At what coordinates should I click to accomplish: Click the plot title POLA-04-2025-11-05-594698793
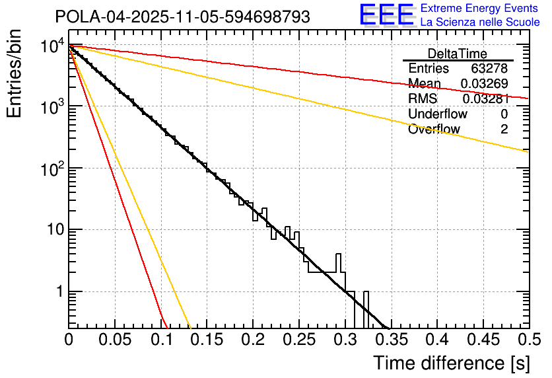click(x=182, y=17)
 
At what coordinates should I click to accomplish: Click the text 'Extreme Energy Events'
click(x=480, y=9)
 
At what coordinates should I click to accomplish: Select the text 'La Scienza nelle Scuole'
click(x=480, y=22)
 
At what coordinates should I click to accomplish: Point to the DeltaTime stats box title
click(x=458, y=54)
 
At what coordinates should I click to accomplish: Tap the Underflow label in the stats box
click(x=438, y=114)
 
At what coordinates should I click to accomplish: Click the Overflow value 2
click(x=504, y=129)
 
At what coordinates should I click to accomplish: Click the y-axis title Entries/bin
click(x=15, y=74)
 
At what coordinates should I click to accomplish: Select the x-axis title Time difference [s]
click(x=450, y=363)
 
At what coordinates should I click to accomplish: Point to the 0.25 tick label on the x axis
click(x=298, y=340)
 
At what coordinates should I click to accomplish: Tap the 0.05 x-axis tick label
click(x=115, y=340)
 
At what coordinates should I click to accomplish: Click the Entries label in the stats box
click(x=429, y=68)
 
